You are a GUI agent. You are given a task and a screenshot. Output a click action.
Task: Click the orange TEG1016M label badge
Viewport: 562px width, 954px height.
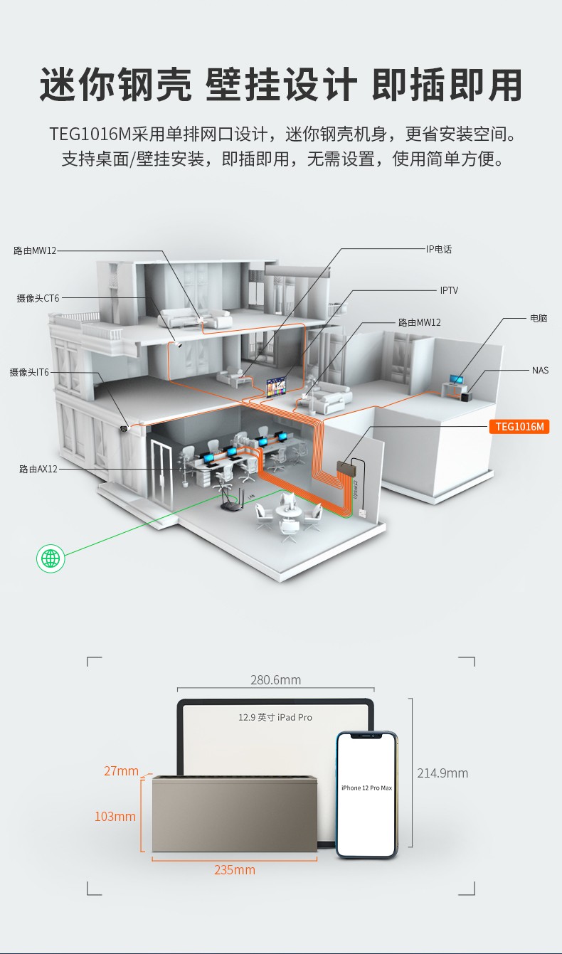click(519, 426)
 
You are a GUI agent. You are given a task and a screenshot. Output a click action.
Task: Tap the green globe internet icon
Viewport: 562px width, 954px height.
click(51, 558)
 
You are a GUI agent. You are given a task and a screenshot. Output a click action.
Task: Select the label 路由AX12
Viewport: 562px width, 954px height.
click(38, 469)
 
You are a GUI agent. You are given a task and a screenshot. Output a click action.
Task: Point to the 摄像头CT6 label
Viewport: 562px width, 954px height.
click(38, 298)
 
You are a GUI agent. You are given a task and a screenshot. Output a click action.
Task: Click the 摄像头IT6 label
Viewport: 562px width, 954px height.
click(29, 372)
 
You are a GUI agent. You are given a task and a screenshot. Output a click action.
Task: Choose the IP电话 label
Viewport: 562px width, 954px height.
click(439, 249)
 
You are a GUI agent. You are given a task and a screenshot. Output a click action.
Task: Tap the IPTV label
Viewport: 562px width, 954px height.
click(449, 290)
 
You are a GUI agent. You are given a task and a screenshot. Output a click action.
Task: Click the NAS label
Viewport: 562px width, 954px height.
click(540, 370)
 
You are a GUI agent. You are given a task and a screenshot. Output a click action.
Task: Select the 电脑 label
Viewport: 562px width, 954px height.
click(539, 318)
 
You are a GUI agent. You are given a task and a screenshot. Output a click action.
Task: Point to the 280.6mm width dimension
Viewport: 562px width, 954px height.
click(275, 679)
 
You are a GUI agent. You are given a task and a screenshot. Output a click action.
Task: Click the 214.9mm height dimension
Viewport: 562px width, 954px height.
click(442, 773)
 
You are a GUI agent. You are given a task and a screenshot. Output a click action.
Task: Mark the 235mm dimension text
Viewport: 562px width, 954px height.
click(235, 869)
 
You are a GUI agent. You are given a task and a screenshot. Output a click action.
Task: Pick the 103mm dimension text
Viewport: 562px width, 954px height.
click(115, 817)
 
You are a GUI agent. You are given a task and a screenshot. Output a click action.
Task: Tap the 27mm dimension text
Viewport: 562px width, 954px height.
click(122, 771)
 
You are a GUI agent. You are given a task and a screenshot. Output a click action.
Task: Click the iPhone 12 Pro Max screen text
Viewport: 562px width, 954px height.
click(366, 788)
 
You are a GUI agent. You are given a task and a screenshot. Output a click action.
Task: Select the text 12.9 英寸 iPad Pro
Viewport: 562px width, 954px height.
click(275, 717)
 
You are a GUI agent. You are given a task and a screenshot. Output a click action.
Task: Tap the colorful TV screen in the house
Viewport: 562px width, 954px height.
click(277, 387)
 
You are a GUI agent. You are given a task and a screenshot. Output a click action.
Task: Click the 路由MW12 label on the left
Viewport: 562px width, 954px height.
click(35, 250)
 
